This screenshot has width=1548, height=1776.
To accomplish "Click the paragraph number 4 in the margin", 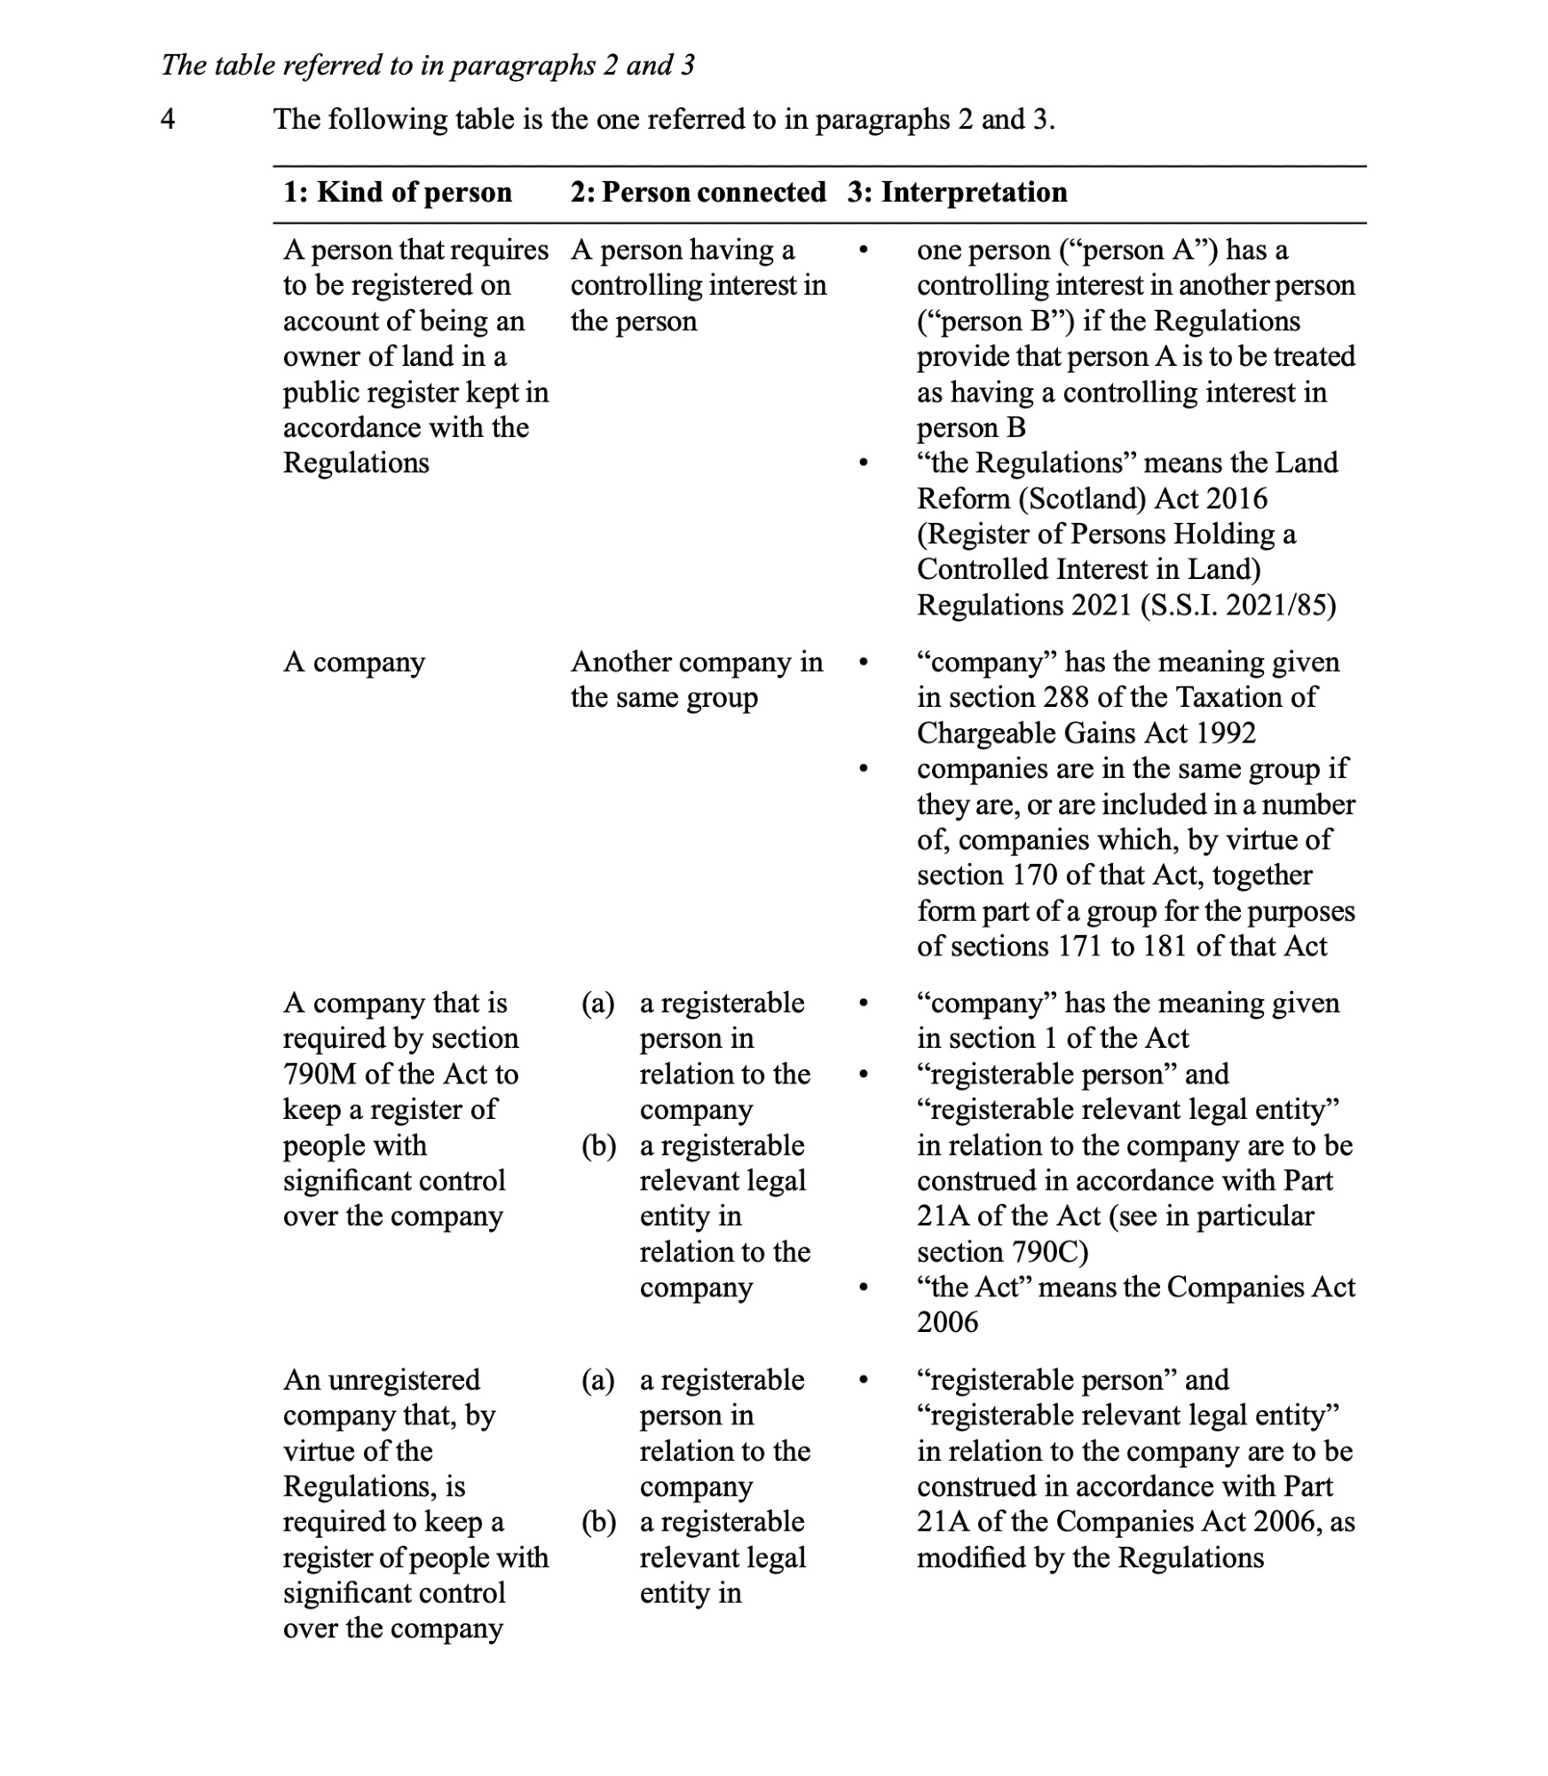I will (168, 119).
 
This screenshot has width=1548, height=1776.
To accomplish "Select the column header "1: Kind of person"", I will (397, 193).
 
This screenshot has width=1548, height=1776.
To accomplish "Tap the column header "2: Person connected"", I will (698, 193).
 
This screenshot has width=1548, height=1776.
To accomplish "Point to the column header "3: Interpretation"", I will (957, 193).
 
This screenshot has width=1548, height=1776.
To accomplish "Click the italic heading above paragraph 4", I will (428, 65).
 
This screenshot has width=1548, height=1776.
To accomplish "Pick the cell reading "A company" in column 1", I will (354, 662).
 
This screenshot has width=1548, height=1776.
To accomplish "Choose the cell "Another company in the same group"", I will (697, 679).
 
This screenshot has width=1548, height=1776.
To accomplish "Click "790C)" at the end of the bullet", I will (1046, 1252).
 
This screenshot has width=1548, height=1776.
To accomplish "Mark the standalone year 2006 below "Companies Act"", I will (947, 1323).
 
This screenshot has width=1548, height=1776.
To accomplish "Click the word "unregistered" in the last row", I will (404, 1380).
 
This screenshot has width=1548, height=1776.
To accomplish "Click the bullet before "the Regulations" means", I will (862, 464).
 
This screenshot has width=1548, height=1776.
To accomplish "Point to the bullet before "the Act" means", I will (862, 1288).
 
